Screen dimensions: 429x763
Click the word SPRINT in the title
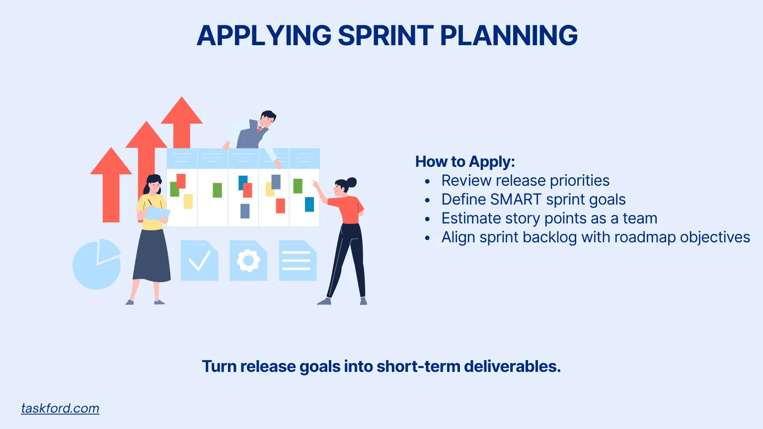pos(385,36)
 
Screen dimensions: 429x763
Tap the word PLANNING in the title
pos(509,36)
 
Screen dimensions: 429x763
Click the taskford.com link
pos(60,408)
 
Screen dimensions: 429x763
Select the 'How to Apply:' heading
pos(465,162)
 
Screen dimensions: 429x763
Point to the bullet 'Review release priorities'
pos(525,181)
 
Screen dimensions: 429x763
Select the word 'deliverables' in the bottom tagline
pos(512,366)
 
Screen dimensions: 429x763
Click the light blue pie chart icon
pos(96,264)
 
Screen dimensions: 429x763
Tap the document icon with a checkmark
pos(199,261)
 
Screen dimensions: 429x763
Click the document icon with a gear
pos(248,261)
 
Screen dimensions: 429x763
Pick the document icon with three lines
pos(297,261)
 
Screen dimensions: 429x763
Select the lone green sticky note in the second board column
pos(217,190)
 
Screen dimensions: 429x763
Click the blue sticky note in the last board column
pos(309,204)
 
